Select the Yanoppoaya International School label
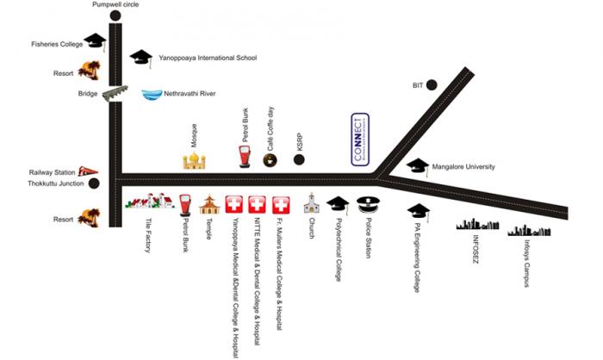tap(208, 59)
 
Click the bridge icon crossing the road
tap(115, 94)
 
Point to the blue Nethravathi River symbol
tap(152, 94)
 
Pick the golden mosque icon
tap(195, 161)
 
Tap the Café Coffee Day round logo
tap(270, 159)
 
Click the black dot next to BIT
tap(432, 84)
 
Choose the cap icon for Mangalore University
tap(418, 165)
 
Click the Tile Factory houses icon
tap(145, 203)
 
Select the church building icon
tap(312, 204)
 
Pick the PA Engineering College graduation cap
tap(419, 211)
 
